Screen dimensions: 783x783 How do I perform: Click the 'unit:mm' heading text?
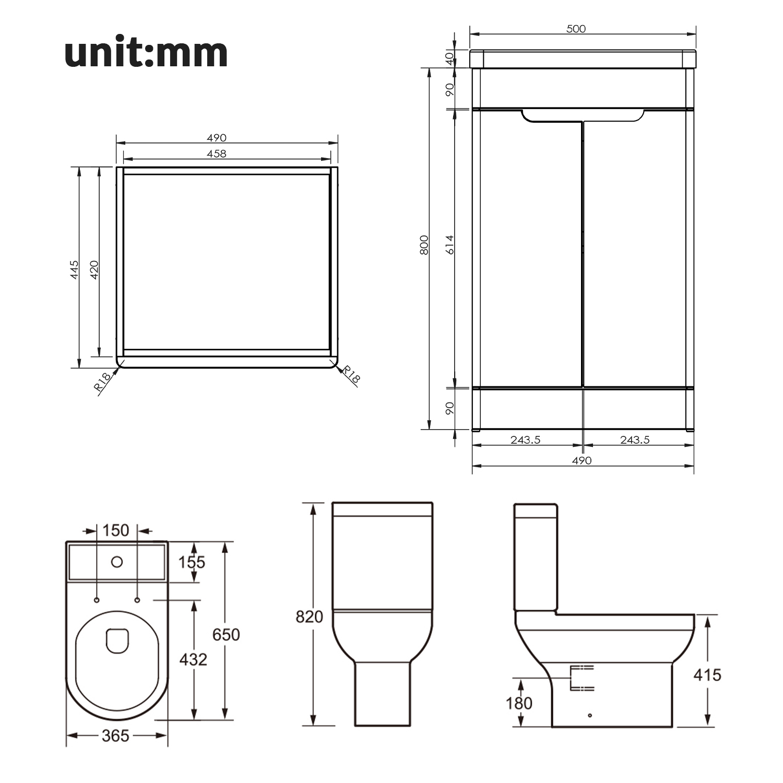146,53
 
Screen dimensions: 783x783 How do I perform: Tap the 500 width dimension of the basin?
576,29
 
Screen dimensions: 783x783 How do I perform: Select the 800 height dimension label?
424,245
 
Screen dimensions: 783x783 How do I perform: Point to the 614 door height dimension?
450,245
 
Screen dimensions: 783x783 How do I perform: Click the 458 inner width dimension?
217,153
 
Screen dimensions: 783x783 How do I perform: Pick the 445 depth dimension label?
75,269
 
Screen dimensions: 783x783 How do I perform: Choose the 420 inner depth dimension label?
94,269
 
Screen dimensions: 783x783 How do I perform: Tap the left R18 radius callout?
102,382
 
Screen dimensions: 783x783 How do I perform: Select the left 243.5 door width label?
525,440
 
